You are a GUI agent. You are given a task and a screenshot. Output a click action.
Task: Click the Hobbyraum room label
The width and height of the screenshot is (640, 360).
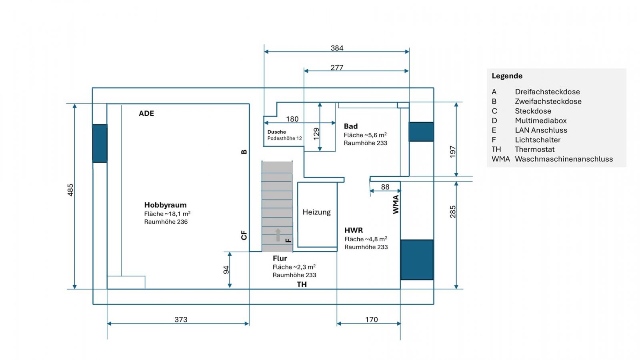tap(165, 205)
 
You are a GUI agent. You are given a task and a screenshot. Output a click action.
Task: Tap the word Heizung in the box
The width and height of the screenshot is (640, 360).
tap(316, 212)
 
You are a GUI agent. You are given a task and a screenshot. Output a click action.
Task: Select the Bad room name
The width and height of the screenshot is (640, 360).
tap(350, 126)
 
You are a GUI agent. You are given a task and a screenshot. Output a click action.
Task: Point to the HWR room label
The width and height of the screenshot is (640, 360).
tap(354, 230)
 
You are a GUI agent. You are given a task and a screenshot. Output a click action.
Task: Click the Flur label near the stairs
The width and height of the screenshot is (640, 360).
tap(280, 258)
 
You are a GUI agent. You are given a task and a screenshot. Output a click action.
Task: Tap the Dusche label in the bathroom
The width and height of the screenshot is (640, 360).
tap(276, 132)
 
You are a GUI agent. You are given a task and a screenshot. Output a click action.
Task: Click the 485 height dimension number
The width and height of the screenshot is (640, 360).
tap(70, 190)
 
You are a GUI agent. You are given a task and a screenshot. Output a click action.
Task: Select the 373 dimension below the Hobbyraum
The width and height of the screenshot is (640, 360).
tap(181, 320)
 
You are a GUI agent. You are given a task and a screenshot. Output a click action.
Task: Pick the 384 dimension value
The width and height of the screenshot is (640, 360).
tap(337, 48)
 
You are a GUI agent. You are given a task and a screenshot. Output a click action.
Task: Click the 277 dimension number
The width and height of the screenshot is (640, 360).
tap(337, 68)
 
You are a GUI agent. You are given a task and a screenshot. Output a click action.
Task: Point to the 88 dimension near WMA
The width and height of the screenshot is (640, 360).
tap(385, 187)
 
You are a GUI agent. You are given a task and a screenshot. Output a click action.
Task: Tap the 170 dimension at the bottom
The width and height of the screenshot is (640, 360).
tap(372, 320)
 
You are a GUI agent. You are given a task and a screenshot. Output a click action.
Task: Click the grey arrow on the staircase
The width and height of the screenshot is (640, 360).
tap(278, 235)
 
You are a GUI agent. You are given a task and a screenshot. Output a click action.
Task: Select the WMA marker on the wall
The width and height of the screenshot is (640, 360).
tap(396, 204)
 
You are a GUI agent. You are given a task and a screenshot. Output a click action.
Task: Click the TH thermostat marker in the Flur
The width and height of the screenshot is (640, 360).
tap(302, 284)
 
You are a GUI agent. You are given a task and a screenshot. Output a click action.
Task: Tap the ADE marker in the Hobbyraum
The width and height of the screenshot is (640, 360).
tap(146, 114)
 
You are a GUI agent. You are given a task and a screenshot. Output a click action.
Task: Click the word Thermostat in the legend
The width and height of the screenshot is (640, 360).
tap(534, 150)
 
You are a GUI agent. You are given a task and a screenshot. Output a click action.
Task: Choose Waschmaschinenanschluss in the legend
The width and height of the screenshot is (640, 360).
tap(564, 159)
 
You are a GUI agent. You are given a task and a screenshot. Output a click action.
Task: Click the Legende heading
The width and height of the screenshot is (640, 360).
tap(507, 76)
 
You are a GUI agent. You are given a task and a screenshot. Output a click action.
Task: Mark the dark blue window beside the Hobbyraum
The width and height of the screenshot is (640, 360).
tap(100, 144)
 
